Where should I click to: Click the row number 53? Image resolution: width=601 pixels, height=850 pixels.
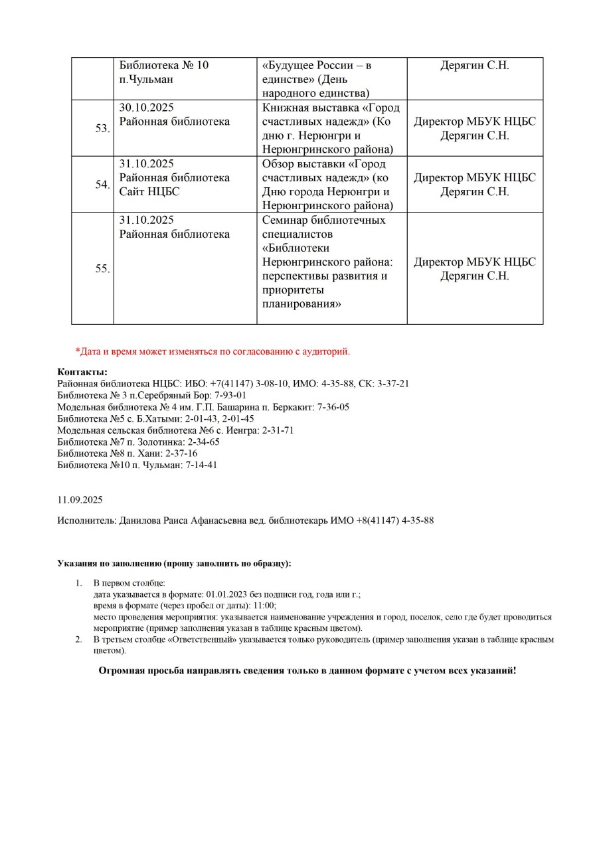102,128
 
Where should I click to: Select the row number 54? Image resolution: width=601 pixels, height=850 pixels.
102,185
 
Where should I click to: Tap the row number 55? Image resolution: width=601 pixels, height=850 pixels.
102,269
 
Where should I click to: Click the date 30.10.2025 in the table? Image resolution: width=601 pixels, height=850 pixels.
146,108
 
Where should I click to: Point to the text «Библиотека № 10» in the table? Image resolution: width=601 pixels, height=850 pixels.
164,65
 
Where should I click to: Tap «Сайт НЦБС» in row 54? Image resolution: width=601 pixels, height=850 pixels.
149,192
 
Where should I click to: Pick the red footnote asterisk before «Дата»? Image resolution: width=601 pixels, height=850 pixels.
77,351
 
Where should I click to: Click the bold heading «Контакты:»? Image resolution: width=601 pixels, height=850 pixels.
82,372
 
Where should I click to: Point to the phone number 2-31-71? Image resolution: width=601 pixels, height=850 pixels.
278,430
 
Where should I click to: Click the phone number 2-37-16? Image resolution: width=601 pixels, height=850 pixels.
181,454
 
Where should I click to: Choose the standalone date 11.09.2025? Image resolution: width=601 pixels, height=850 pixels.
80,499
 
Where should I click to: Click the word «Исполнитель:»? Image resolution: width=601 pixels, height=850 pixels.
86,521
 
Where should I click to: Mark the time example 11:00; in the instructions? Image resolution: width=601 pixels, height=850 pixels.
264,606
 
